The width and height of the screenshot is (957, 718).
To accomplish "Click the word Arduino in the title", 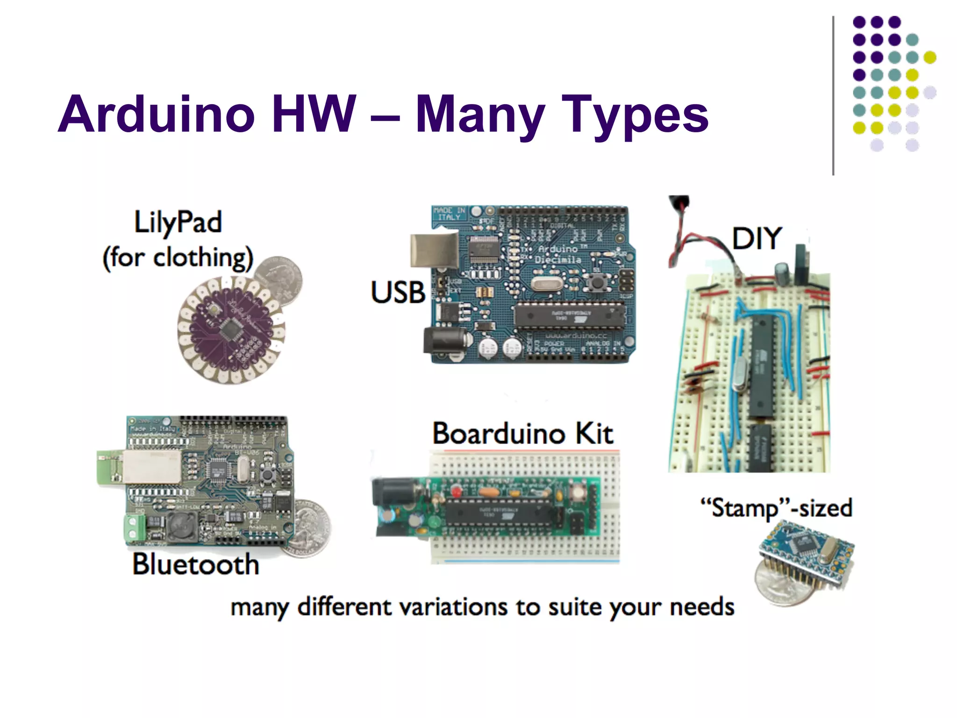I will coord(157,115).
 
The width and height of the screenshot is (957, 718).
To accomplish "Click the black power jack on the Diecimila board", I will coord(444,340).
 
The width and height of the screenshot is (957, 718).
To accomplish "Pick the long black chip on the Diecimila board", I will coord(569,315).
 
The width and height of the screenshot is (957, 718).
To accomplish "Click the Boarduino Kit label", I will coord(522,434).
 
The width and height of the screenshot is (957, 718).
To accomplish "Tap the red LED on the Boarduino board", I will coord(457,491).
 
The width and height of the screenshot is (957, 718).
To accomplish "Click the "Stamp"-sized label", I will coord(776,508).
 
